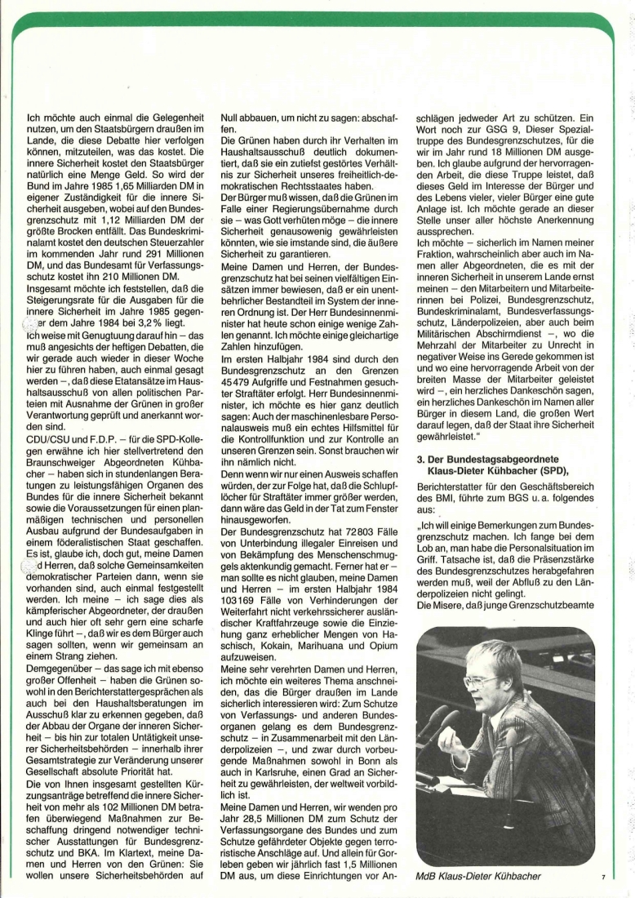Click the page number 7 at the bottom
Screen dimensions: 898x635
click(x=602, y=878)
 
